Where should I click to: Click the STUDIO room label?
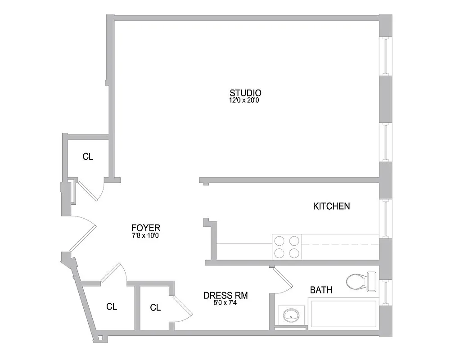click(245, 93)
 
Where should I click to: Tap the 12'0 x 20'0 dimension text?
click(244, 100)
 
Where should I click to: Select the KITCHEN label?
click(331, 207)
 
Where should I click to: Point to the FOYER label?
click(145, 228)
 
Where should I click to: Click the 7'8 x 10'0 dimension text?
click(145, 235)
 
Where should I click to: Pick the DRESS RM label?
click(226, 296)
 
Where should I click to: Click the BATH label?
click(321, 290)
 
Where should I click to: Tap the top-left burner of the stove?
click(280, 240)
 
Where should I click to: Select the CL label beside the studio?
click(88, 157)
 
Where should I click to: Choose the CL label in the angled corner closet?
click(112, 307)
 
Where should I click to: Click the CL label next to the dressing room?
click(155, 308)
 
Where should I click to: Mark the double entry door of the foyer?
click(82, 234)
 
